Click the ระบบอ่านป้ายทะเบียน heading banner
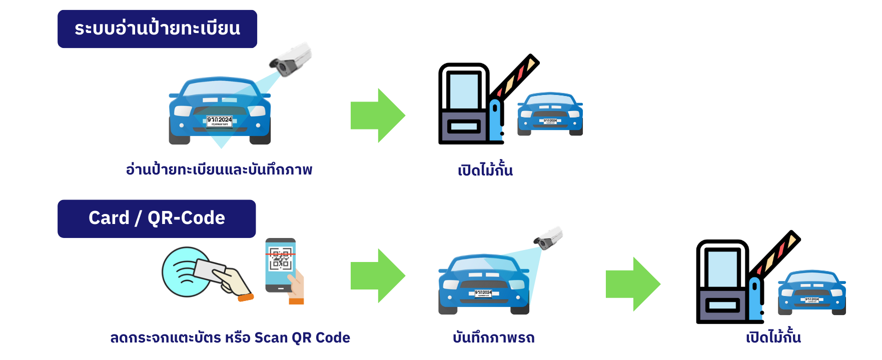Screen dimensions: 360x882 [157, 29]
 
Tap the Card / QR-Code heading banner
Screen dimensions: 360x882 [157, 218]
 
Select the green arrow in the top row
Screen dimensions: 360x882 [378, 115]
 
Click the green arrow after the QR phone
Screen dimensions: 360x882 [378, 275]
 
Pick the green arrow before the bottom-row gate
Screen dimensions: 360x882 [633, 284]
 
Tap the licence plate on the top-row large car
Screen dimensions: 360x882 [220, 120]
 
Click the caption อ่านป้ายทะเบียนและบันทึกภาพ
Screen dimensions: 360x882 [219, 170]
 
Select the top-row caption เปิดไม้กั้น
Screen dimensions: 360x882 [485, 170]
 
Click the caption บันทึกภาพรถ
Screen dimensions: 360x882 [494, 338]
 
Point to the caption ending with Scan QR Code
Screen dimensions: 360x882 [230, 338]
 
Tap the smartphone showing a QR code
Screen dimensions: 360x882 [281, 265]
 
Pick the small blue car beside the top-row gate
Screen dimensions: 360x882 [550, 114]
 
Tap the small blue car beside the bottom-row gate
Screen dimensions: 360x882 [811, 292]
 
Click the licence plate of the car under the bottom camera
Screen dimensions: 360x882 [483, 293]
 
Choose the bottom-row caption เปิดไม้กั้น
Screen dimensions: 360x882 [773, 338]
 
